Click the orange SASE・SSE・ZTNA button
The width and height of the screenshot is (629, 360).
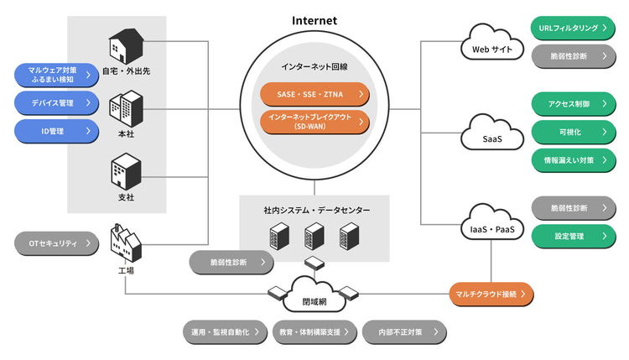(x=314, y=94)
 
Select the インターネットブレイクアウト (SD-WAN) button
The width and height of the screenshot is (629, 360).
(x=314, y=122)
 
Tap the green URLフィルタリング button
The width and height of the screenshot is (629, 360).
(x=574, y=28)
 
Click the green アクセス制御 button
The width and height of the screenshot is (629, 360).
(x=574, y=104)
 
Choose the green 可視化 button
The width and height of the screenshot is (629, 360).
(x=574, y=132)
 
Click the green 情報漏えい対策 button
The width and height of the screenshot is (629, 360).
(x=574, y=159)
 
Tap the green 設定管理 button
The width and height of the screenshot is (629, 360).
(x=574, y=236)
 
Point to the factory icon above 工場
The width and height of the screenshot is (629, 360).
(x=126, y=243)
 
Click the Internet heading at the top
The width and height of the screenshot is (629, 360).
(x=314, y=19)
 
